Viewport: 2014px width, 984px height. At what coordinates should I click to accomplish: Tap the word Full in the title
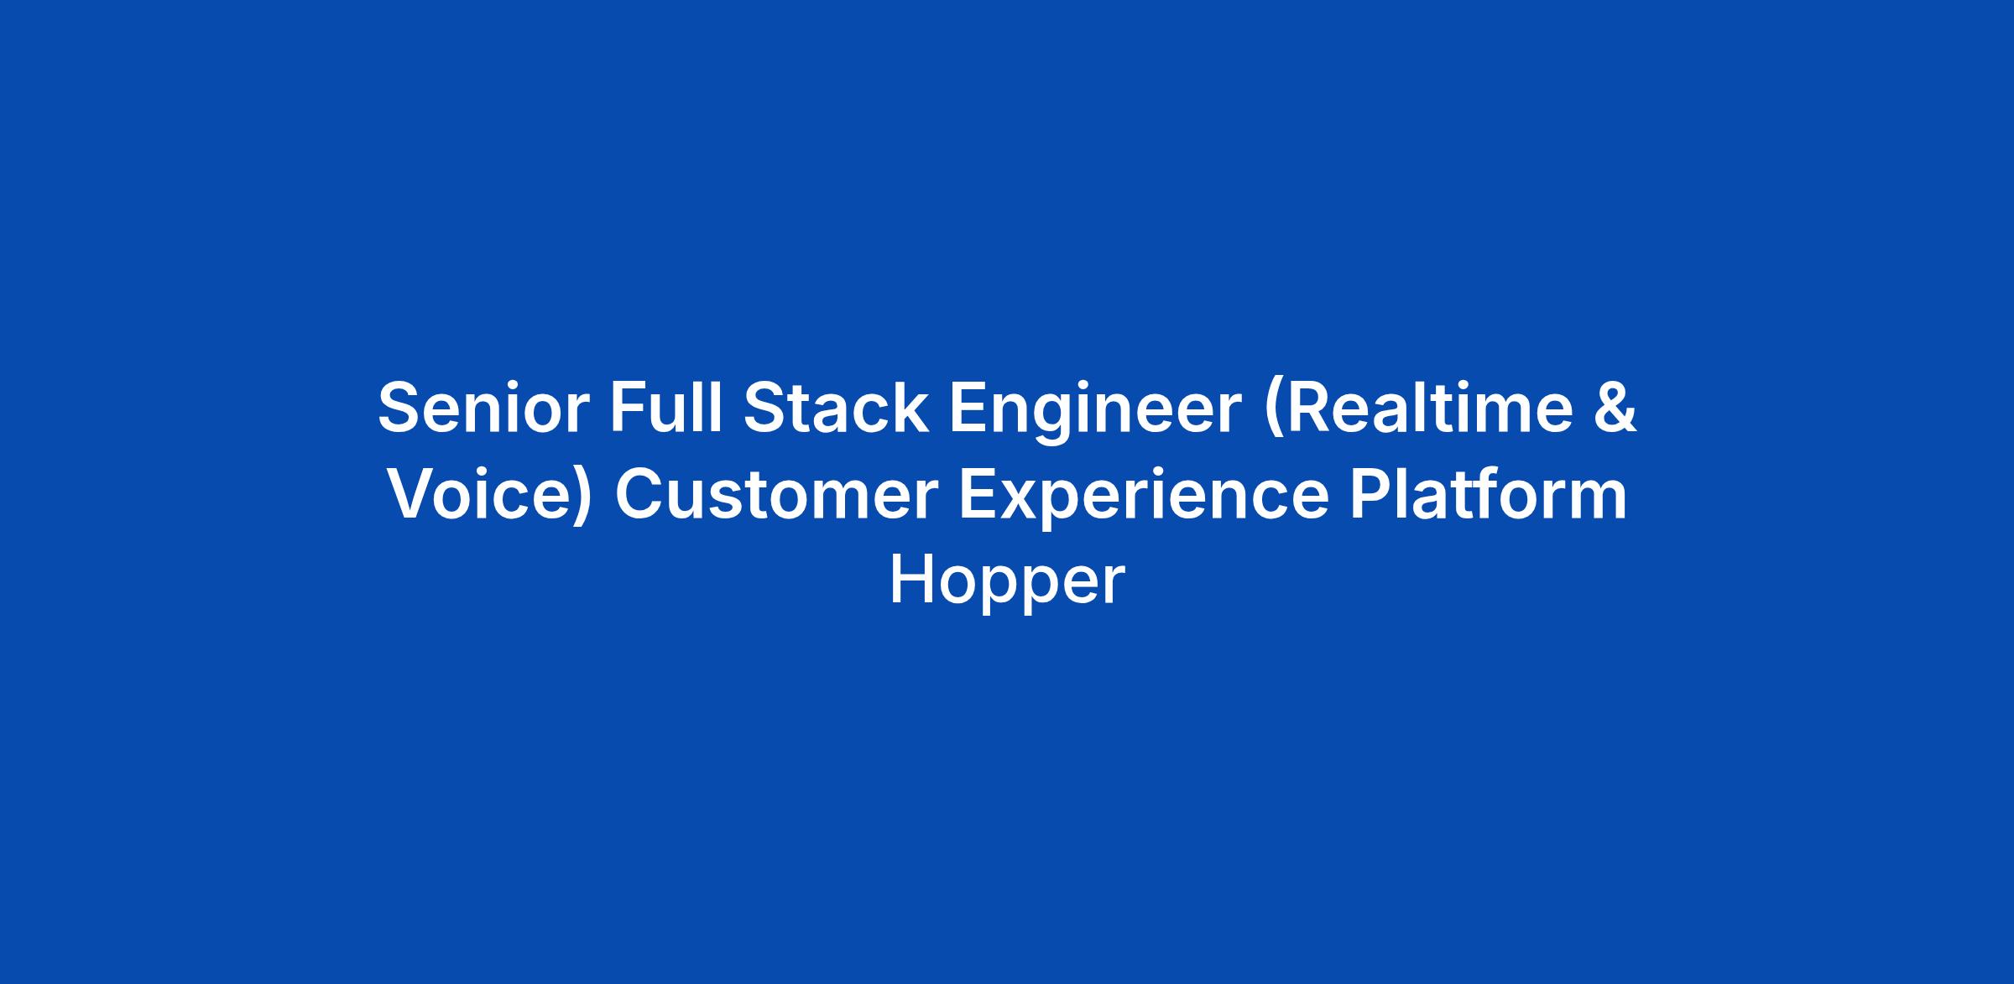[666, 407]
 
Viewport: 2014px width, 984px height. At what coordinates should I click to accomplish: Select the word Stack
[836, 408]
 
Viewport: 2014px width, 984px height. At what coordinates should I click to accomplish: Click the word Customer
[776, 495]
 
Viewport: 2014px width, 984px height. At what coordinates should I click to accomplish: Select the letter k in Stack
[910, 407]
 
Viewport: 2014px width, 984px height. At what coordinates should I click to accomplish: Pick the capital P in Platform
[1370, 494]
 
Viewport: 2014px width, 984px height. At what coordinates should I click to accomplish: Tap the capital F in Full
[629, 408]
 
